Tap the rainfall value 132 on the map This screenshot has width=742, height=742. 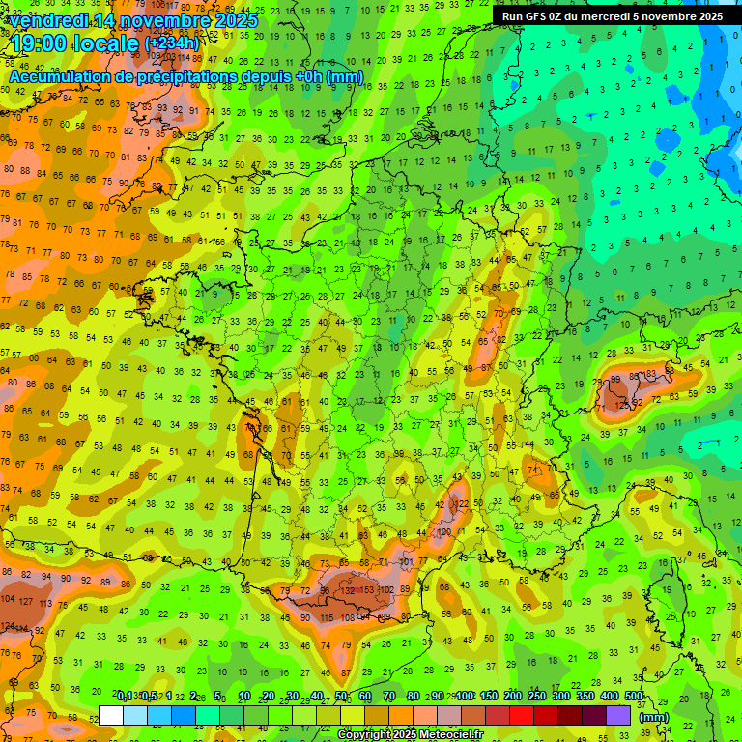pyautogui.click(x=345, y=590)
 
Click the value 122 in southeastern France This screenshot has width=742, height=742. pyautogui.click(x=462, y=504)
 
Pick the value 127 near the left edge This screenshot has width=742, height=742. pyautogui.click(x=26, y=600)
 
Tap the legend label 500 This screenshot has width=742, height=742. pyautogui.click(x=634, y=696)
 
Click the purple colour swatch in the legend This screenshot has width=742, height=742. pyautogui.click(x=618, y=714)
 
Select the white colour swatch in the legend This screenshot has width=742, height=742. pyautogui.click(x=111, y=714)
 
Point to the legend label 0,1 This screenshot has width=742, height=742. pyautogui.click(x=126, y=696)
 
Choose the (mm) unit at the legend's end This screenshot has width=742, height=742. pyautogui.click(x=653, y=716)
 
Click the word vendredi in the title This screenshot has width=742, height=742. pyautogui.click(x=53, y=20)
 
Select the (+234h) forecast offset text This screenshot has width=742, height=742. pyautogui.click(x=172, y=43)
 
